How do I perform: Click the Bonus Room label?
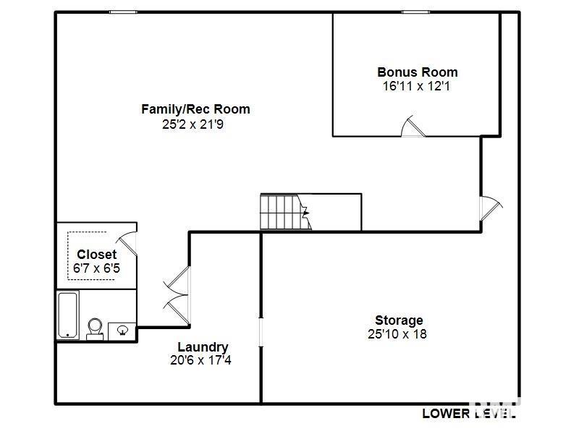(418, 72)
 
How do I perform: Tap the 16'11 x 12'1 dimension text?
(416, 86)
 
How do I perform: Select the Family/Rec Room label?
(195, 109)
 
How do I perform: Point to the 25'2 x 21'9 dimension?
(193, 124)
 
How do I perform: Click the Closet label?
(97, 255)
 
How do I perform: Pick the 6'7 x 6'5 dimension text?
(96, 268)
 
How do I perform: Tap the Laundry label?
(203, 347)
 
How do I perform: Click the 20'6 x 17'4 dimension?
(200, 359)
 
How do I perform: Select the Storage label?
(399, 320)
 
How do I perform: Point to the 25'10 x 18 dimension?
(397, 334)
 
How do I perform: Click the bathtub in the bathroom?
(68, 315)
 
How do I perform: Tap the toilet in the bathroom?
(95, 329)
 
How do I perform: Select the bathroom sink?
(122, 331)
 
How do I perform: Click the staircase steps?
(284, 212)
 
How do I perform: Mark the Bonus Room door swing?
(413, 126)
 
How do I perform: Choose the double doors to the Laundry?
(177, 296)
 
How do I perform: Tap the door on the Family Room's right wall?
(491, 208)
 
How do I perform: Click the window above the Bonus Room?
(415, 12)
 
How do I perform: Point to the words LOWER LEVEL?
(468, 414)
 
